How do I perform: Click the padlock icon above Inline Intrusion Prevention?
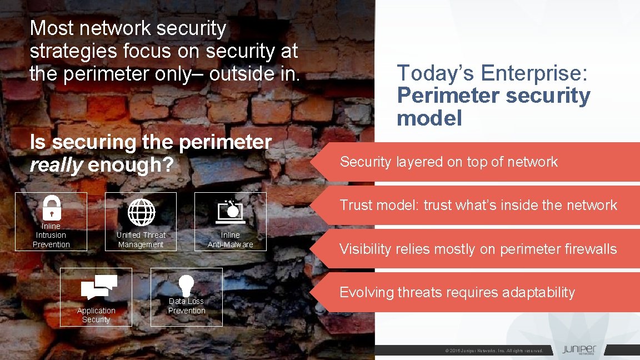[x=51, y=208]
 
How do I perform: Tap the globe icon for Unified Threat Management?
[x=141, y=212]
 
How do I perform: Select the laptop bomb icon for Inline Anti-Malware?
[x=230, y=212]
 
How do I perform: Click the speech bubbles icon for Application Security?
[x=99, y=287]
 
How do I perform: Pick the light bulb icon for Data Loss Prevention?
[x=186, y=285]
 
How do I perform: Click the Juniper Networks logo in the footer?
[x=579, y=350]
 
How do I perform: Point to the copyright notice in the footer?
[x=494, y=351]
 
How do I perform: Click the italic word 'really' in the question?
[x=56, y=165]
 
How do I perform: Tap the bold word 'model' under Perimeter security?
[x=429, y=118]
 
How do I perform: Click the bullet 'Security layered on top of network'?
[x=448, y=162]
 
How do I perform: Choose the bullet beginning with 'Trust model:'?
[x=478, y=205]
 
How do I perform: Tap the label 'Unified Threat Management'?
[x=141, y=239]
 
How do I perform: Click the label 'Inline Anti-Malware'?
[x=230, y=239]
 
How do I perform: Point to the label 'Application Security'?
[x=96, y=315]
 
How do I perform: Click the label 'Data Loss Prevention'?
[x=187, y=306]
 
